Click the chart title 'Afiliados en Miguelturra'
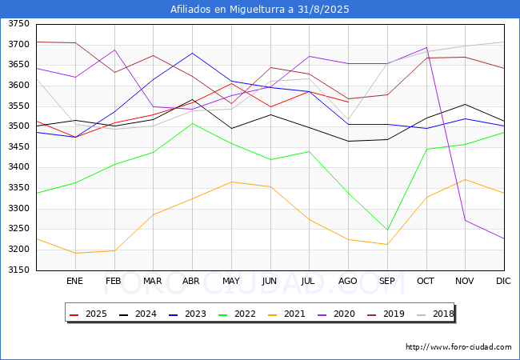pos(259,10)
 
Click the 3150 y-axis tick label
pos(18,270)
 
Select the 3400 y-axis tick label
pos(18,168)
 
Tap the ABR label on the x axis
pos(191,281)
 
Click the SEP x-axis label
pos(387,281)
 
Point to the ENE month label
pos(74,281)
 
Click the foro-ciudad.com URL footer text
pos(458,347)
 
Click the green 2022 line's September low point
pos(387,230)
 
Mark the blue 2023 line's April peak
pos(192,53)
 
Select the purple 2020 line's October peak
pos(426,47)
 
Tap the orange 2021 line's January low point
pos(75,254)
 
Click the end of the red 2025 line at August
pos(348,101)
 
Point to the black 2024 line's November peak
pos(466,104)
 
